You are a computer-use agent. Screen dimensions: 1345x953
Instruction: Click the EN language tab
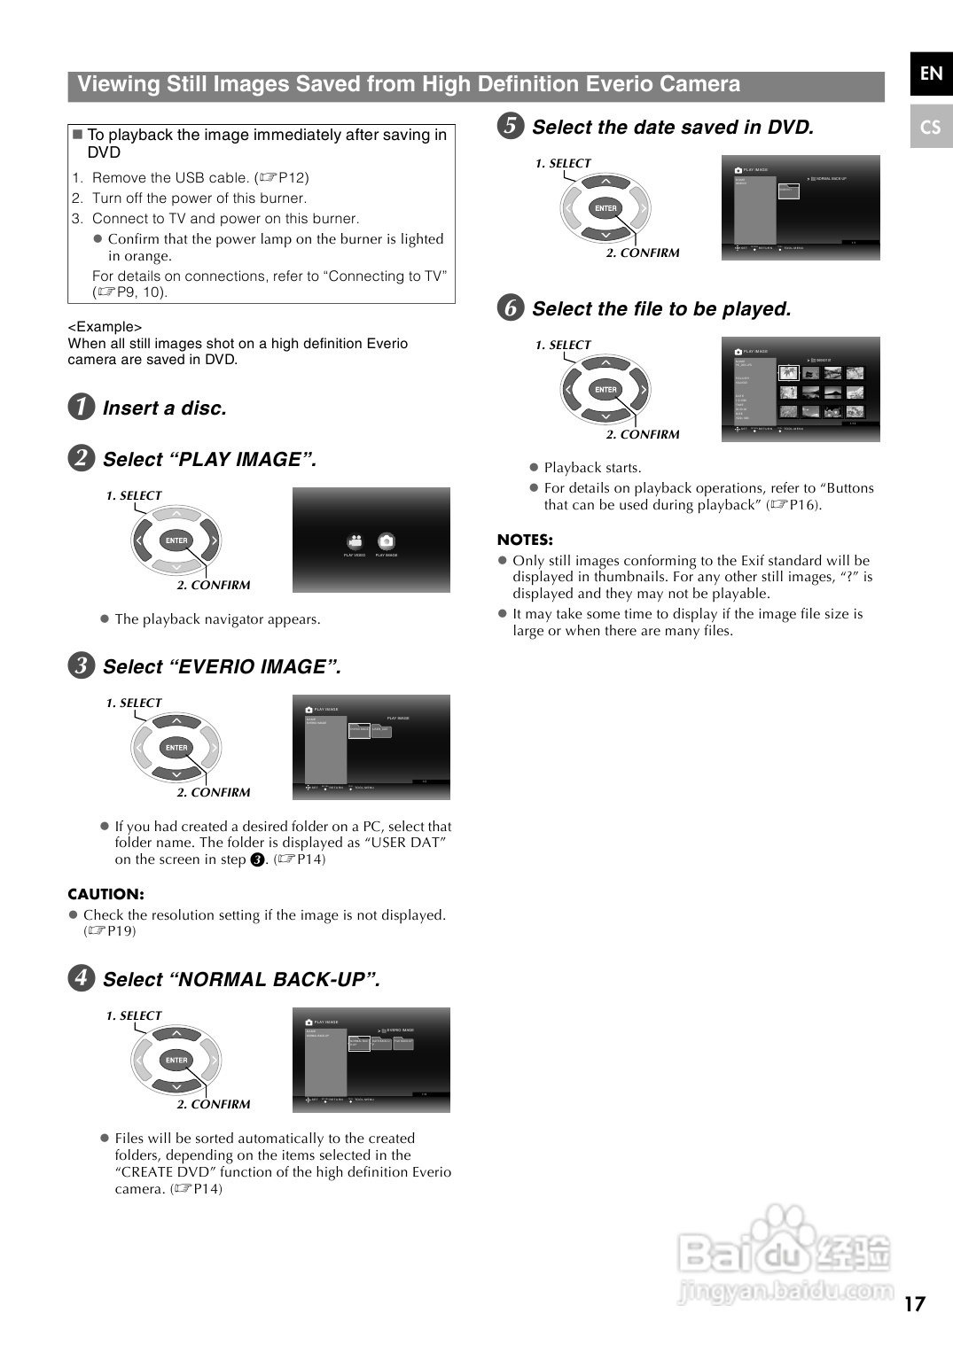tap(930, 74)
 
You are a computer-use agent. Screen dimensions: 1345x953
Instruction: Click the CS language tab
tap(930, 127)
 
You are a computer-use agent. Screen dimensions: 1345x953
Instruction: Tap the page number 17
tap(914, 1304)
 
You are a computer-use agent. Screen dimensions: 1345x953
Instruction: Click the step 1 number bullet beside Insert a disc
tap(81, 407)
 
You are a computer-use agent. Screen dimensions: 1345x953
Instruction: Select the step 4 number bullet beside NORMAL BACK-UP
tap(81, 977)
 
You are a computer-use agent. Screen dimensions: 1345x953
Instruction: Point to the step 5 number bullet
tap(510, 126)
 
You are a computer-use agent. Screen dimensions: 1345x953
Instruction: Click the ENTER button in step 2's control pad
tap(176, 540)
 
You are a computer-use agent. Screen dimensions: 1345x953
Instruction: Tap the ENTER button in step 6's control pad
tap(605, 390)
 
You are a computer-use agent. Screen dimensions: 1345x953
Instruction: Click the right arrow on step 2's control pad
tap(213, 540)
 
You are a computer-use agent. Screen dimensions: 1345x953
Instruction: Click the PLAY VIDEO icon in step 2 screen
tap(355, 541)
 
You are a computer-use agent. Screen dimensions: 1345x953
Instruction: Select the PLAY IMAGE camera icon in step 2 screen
tap(386, 541)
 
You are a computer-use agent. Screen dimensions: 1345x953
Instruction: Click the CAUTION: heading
tap(105, 894)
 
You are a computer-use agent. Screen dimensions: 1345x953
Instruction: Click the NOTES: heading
tap(525, 540)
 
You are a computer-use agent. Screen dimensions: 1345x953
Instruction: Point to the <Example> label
tap(105, 326)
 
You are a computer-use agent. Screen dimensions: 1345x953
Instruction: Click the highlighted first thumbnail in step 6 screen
tap(787, 373)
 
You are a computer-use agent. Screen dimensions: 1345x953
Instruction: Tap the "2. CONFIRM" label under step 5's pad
tap(643, 253)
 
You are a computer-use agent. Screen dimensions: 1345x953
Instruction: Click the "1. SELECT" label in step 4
tap(134, 1015)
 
